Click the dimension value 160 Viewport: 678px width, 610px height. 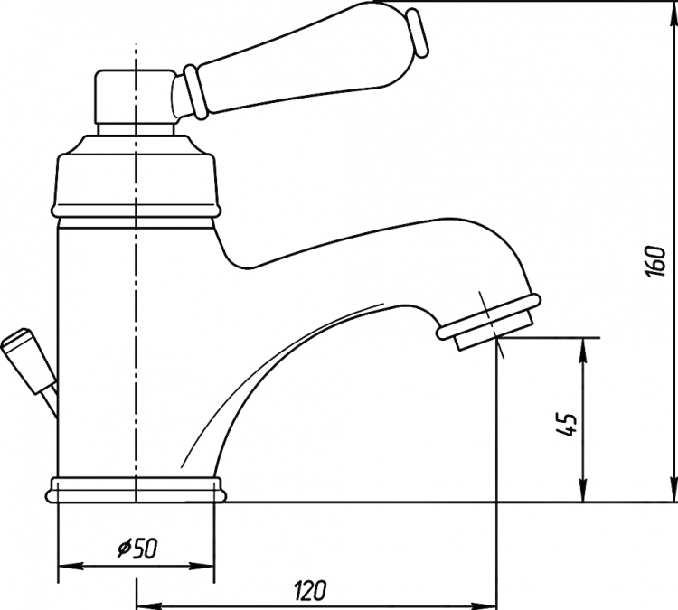[x=656, y=262]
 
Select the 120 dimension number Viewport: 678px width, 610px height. [x=310, y=590]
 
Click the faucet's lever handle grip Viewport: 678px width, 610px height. [x=303, y=70]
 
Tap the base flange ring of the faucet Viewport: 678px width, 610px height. [x=136, y=490]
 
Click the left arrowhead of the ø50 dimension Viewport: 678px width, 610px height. [x=71, y=566]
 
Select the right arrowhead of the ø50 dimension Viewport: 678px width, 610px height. [x=201, y=566]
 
